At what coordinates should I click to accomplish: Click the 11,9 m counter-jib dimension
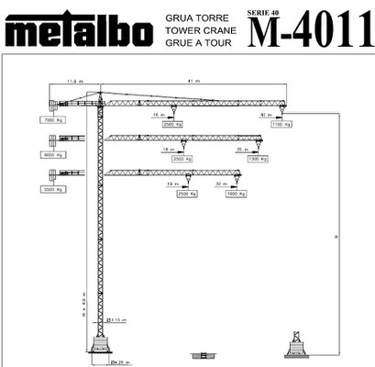point(72,83)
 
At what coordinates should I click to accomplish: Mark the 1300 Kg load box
point(257,159)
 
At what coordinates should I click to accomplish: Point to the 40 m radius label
point(265,116)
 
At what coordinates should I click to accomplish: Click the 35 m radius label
point(243,149)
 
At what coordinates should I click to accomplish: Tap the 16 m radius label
point(157,116)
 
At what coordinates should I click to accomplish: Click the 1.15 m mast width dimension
point(117,319)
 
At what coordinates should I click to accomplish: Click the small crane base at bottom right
point(297,346)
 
